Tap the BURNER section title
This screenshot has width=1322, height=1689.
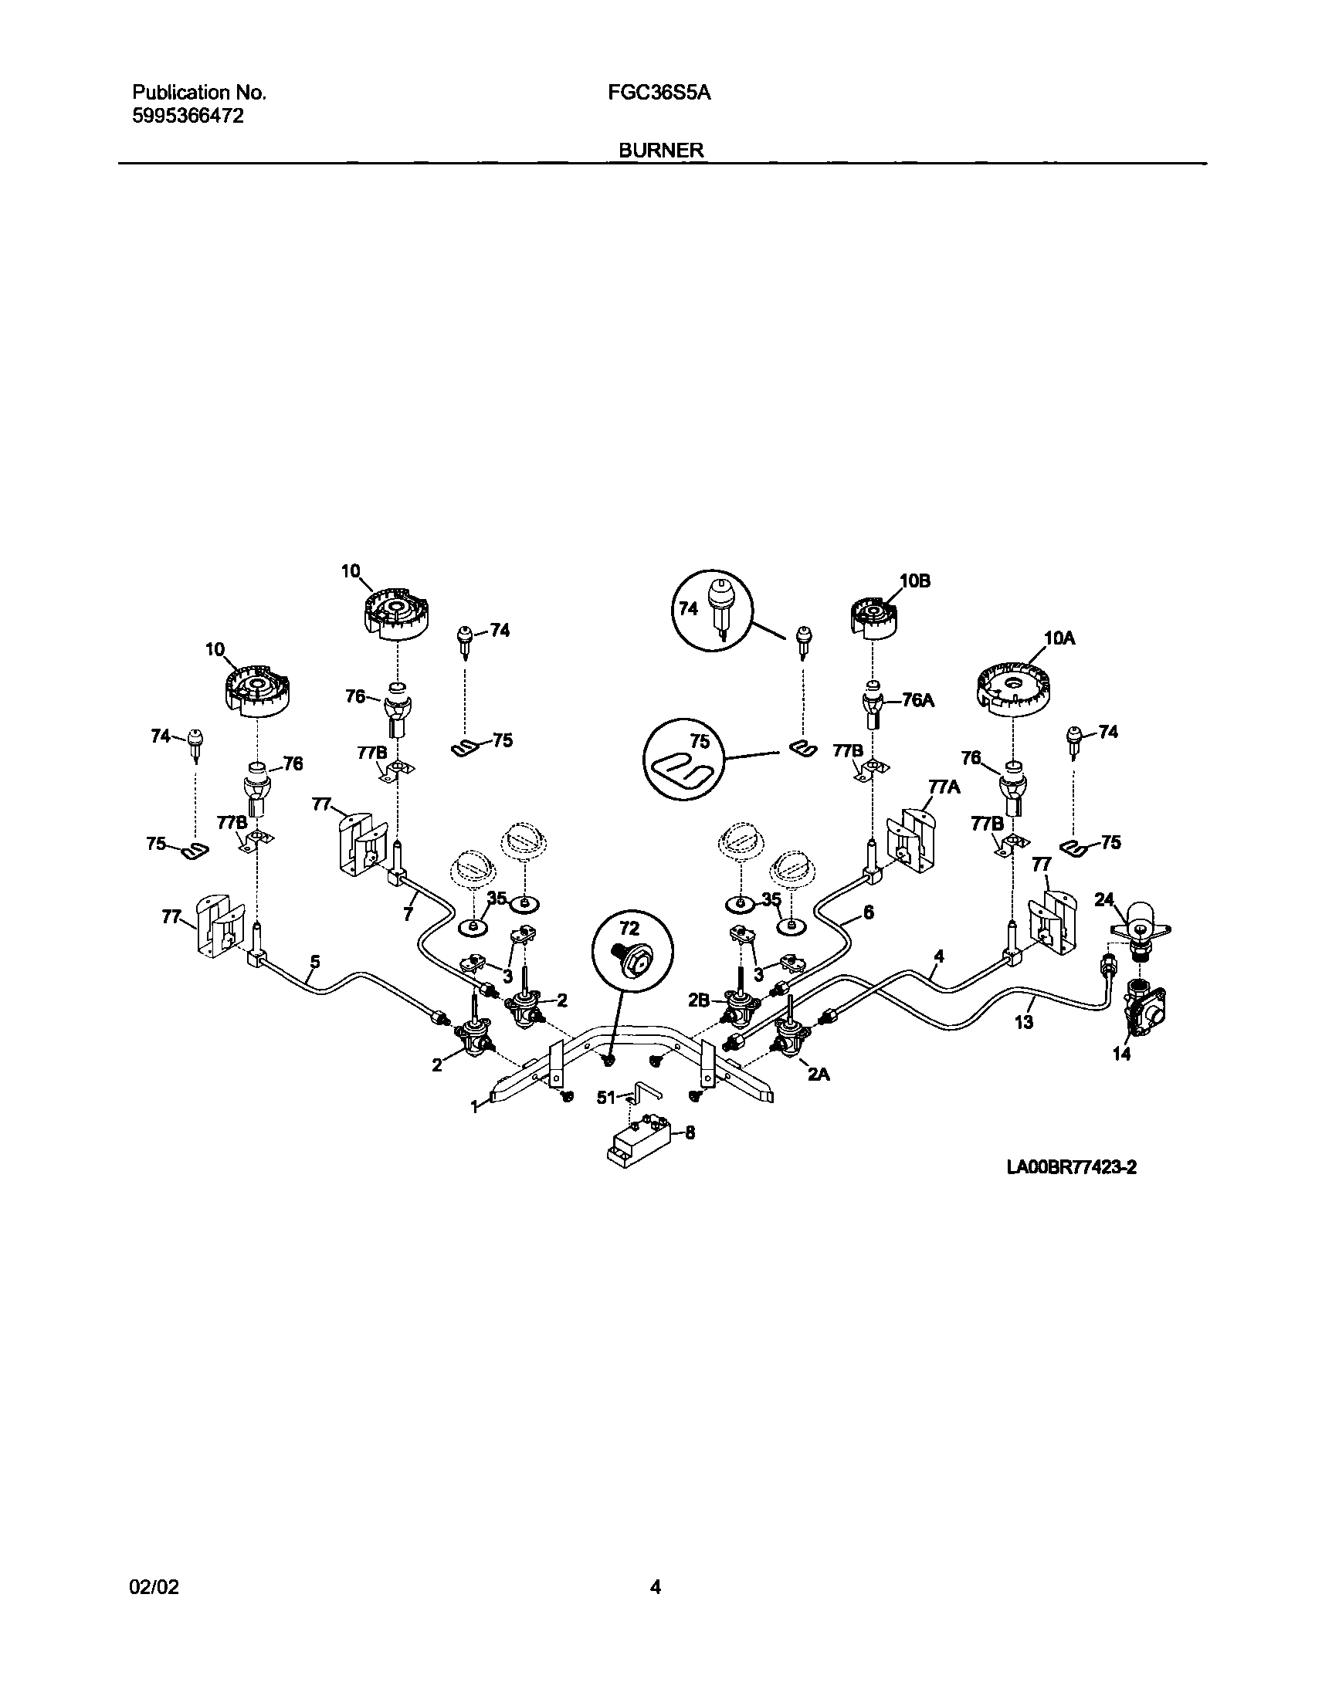coord(661,150)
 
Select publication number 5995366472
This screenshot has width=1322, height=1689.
coord(188,116)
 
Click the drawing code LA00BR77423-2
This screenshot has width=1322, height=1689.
coord(1071,1189)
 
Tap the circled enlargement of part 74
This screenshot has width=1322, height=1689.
coord(712,609)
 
